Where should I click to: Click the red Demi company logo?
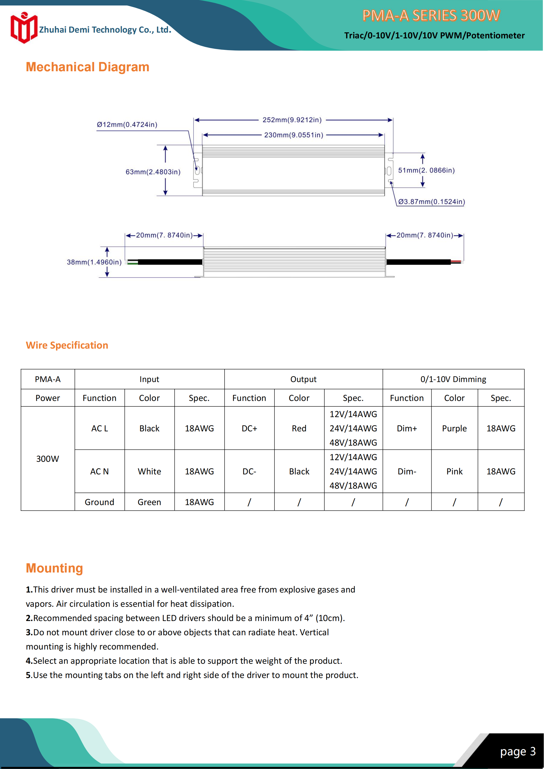coord(24,28)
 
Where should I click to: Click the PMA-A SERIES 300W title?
coord(431,15)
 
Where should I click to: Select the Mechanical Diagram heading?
coord(87,67)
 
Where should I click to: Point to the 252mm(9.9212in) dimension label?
coord(292,120)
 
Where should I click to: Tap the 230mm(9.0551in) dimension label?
coord(294,135)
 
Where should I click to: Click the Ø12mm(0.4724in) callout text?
coord(127,125)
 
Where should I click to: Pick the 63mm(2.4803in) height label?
coord(153,172)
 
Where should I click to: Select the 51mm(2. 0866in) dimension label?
coord(426,170)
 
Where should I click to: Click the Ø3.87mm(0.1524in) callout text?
coord(431,202)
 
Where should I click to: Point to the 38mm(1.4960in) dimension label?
coord(94,262)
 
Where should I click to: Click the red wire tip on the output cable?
coord(456,261)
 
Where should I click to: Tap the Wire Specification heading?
coord(67,345)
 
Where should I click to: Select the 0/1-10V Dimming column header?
coord(453,379)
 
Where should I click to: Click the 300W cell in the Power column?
coord(48,458)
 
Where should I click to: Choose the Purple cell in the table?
coord(454,428)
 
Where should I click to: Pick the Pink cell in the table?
coord(454,472)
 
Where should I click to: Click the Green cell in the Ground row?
coord(149,502)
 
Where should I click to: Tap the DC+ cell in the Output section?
coord(249,428)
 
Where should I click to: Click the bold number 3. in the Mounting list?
coord(29,632)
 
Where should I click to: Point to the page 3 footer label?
coord(517,751)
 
